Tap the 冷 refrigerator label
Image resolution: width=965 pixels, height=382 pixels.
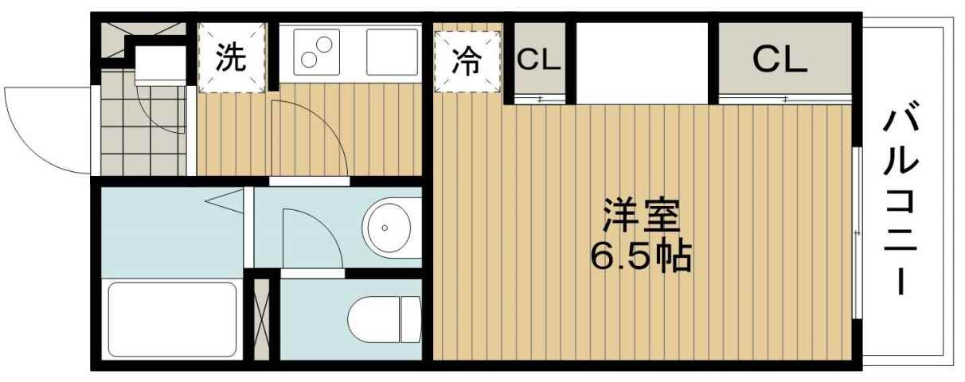point(467,61)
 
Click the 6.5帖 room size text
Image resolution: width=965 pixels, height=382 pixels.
point(640,256)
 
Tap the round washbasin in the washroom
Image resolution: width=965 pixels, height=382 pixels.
point(387,227)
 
